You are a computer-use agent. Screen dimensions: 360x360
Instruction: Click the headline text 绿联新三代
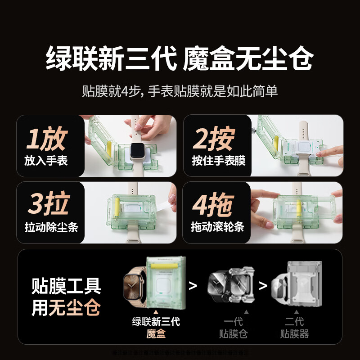pos(111,58)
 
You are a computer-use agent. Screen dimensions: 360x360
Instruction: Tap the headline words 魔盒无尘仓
pos(248,58)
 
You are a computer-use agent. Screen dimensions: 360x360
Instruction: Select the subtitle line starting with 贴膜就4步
pos(180,91)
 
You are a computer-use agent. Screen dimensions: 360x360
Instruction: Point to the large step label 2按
pos(214,139)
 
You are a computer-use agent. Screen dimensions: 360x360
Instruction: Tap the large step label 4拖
pos(214,205)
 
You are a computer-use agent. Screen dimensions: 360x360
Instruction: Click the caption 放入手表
pos(46,161)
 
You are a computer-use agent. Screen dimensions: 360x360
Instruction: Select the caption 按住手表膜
pos(219,161)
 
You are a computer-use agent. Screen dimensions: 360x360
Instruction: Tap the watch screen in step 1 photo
pos(139,152)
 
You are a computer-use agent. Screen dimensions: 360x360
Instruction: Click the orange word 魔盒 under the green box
pos(156,333)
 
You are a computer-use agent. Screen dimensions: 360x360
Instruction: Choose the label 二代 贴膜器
pos(294,327)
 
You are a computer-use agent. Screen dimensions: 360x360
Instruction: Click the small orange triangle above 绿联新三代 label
pos(156,311)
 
